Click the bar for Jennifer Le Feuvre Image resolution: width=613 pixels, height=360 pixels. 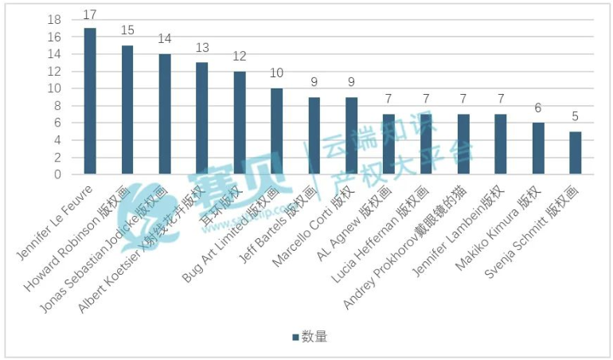[x=90, y=101]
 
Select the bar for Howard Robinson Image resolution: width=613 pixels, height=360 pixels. [x=127, y=110]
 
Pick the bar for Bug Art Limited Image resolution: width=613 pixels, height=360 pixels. [x=276, y=131]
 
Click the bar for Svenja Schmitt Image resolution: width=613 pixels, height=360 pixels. [x=576, y=153]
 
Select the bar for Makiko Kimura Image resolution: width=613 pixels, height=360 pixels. [x=538, y=149]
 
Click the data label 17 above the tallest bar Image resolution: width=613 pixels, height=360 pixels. [x=90, y=15]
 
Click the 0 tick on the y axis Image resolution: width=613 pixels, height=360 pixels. [x=58, y=174]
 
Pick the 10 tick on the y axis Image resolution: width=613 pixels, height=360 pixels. [x=54, y=88]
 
